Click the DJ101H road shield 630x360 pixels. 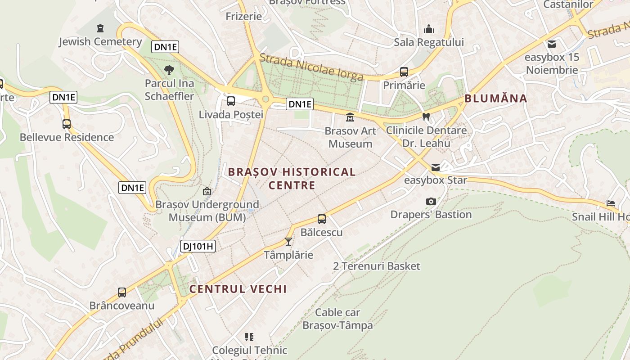click(198, 246)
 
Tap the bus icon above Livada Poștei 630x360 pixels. click(231, 101)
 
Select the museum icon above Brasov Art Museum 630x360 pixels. click(350, 117)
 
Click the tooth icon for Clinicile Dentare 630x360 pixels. click(426, 117)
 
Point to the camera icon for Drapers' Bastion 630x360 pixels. click(431, 201)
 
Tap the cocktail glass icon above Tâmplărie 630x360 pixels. click(288, 242)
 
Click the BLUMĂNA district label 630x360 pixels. click(495, 99)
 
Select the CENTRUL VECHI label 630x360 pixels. click(238, 289)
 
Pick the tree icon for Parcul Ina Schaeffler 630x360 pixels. click(169, 70)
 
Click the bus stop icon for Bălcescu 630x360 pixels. click(322, 219)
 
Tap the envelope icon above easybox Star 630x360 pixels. click(435, 167)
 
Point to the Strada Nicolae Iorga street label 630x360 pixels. click(311, 67)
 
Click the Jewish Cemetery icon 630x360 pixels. click(100, 29)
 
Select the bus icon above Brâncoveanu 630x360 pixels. click(122, 292)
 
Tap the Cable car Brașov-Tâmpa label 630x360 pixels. click(337, 319)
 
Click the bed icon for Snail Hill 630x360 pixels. click(611, 203)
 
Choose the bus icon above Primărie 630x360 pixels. click(404, 72)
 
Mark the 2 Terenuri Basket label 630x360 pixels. click(377, 266)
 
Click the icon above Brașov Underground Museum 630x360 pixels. click(207, 191)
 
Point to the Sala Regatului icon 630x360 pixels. click(429, 29)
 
